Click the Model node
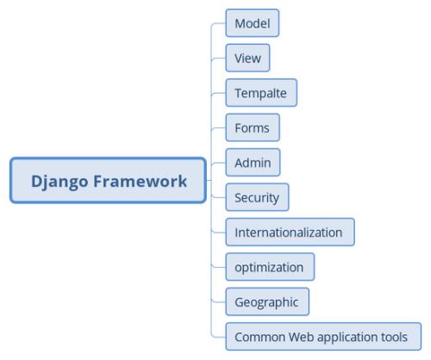coord(252,23)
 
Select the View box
coord(247,59)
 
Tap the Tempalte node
coord(261,93)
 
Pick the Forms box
coord(252,128)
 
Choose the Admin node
coord(253,163)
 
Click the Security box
coord(257,197)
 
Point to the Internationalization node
coord(289,233)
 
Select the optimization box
coord(269,267)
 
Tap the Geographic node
coord(266,302)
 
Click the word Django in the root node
coord(60,181)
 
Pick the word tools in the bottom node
coord(397,337)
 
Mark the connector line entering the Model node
coord(218,24)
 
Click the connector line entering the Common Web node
coord(218,337)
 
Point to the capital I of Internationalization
coord(236,233)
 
